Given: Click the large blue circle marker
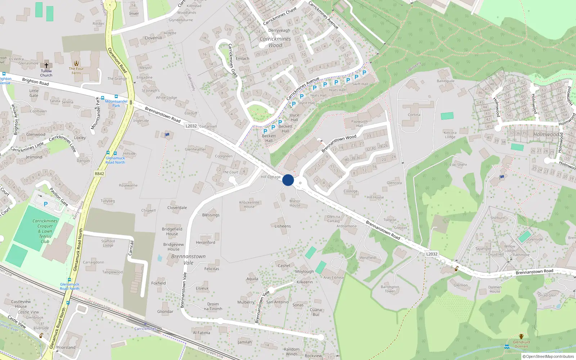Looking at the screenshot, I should pyautogui.click(x=288, y=180).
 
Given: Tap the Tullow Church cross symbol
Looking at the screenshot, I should pyautogui.click(x=46, y=66).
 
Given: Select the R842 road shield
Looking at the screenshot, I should pyautogui.click(x=99, y=174).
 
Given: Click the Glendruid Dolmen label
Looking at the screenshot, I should pyautogui.click(x=521, y=344).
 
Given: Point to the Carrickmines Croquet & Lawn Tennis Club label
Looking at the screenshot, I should pyautogui.click(x=45, y=231).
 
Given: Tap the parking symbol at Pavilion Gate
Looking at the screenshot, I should pyautogui.click(x=46, y=204).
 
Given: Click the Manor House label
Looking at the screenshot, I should pyautogui.click(x=295, y=203).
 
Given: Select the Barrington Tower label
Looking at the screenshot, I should pyautogui.click(x=390, y=289).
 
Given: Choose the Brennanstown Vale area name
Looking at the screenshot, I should pyautogui.click(x=188, y=260).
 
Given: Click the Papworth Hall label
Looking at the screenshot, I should pyautogui.click(x=359, y=123).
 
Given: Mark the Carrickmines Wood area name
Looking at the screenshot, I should pyautogui.click(x=275, y=42).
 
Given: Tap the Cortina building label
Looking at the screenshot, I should pyautogui.click(x=414, y=115).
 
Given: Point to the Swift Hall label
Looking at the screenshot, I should pyautogui.click(x=360, y=84).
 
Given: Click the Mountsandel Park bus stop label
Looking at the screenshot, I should pyautogui.click(x=116, y=103).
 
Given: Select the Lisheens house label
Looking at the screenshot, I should pyautogui.click(x=283, y=226).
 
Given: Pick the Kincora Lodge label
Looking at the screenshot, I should pyautogui.click(x=450, y=135).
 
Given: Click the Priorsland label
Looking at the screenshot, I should pyautogui.click(x=66, y=347).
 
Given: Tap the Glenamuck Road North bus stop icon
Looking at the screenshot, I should pyautogui.click(x=69, y=280).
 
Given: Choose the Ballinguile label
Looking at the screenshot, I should pyautogui.click(x=446, y=81).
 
